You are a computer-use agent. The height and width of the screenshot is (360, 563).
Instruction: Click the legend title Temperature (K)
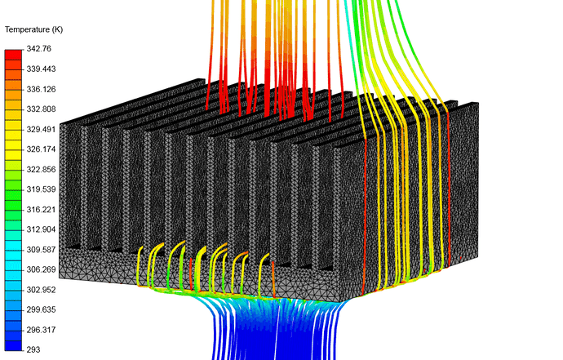click(x=33, y=29)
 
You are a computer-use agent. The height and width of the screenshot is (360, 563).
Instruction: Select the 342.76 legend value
click(x=39, y=48)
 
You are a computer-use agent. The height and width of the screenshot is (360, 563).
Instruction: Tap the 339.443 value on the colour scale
click(x=41, y=69)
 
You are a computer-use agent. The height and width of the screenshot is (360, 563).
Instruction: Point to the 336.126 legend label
click(x=41, y=89)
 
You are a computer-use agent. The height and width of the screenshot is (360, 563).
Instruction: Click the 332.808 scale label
click(x=41, y=109)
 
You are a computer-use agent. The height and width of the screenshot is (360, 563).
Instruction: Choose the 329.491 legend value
click(x=41, y=129)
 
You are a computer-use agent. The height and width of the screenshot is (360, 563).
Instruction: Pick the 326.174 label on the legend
click(x=41, y=149)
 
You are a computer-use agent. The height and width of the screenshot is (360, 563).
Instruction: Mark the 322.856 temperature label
click(x=41, y=169)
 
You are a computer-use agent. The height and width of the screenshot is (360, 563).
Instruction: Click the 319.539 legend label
click(x=41, y=189)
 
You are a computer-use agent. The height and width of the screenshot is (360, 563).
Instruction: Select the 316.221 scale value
click(x=41, y=210)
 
